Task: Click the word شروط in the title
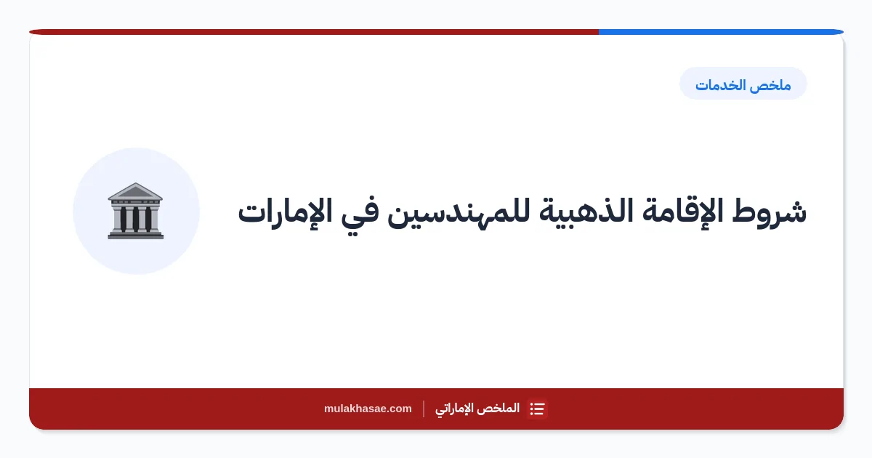pos(770,212)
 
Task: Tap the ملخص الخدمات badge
pos(743,84)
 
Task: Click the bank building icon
pos(135,211)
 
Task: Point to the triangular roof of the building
pos(135,191)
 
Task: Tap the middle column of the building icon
pos(135,219)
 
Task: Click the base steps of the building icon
pos(135,235)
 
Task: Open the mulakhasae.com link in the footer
pos(368,409)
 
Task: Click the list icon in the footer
pos(537,409)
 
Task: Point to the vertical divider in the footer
pos(424,409)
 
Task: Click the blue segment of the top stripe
pos(721,32)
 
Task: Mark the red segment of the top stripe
pos(314,32)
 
